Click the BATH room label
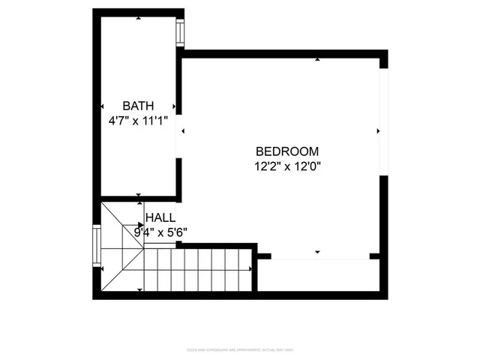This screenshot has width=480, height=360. [138, 106]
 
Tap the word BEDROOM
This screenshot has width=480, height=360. [287, 151]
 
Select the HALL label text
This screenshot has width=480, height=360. [160, 217]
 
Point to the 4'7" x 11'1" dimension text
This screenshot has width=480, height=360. [138, 119]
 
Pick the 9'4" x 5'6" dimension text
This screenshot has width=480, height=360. [160, 232]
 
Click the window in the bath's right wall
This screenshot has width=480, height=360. [180, 33]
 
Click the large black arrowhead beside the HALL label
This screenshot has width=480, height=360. [140, 224]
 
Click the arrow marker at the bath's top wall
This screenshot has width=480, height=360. [139, 18]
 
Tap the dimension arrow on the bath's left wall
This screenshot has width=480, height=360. [102, 106]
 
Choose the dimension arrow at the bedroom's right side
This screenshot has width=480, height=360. [377, 130]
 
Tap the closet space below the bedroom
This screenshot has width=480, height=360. [322, 274]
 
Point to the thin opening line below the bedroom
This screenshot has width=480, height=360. [319, 259]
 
